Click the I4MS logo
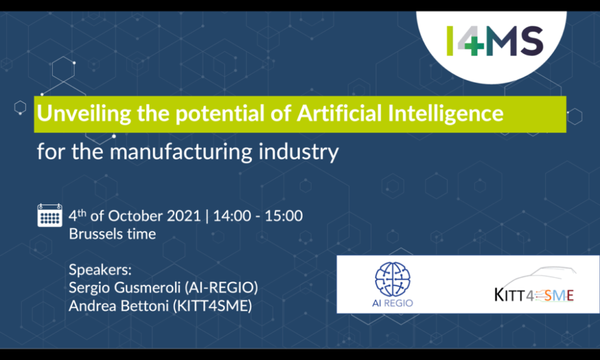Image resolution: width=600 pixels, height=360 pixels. point(495,41)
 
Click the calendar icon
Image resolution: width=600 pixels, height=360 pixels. point(50,215)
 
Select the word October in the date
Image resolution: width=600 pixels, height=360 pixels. point(139,216)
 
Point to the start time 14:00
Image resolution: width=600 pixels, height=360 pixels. point(232,216)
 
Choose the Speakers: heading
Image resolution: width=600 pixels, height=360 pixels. point(100,269)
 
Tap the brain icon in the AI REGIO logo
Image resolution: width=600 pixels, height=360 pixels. point(393,278)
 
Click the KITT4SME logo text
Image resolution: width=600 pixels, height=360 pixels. point(534,295)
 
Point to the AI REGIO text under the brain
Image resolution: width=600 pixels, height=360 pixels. point(393,302)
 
